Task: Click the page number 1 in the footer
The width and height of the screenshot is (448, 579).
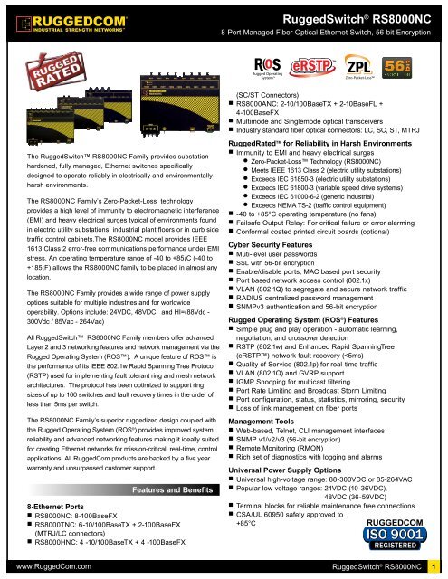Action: click(x=434, y=568)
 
